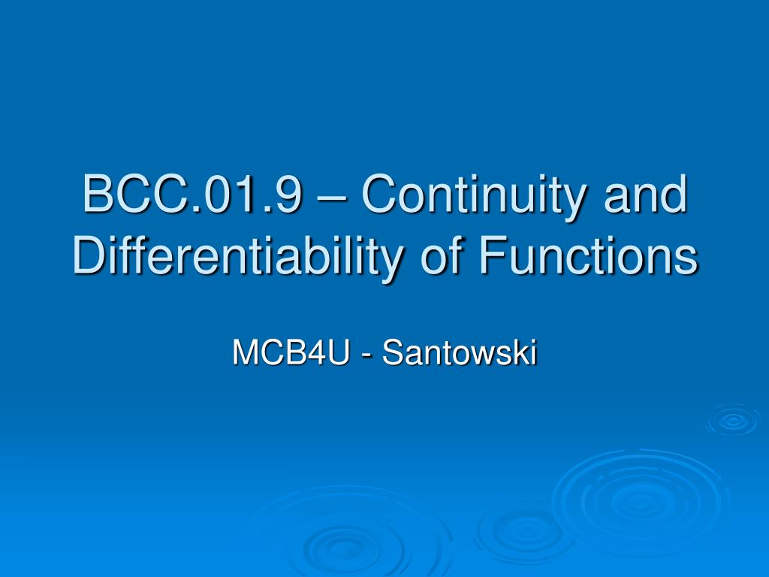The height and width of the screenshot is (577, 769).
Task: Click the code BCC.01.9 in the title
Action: click(193, 194)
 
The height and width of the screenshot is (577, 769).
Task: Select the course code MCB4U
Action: click(291, 353)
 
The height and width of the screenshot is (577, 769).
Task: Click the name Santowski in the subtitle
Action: click(460, 353)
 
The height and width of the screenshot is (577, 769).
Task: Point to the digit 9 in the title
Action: click(291, 194)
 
